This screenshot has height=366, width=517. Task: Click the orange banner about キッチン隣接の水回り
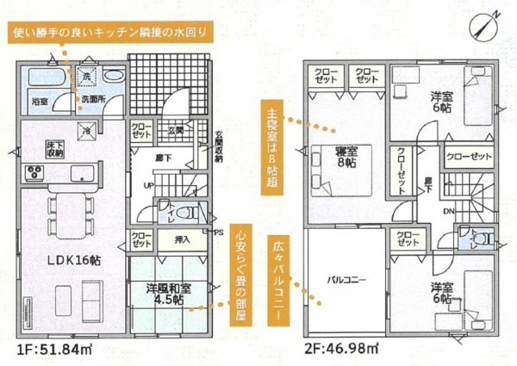click(x=109, y=35)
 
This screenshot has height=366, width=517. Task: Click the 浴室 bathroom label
click(x=40, y=100)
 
